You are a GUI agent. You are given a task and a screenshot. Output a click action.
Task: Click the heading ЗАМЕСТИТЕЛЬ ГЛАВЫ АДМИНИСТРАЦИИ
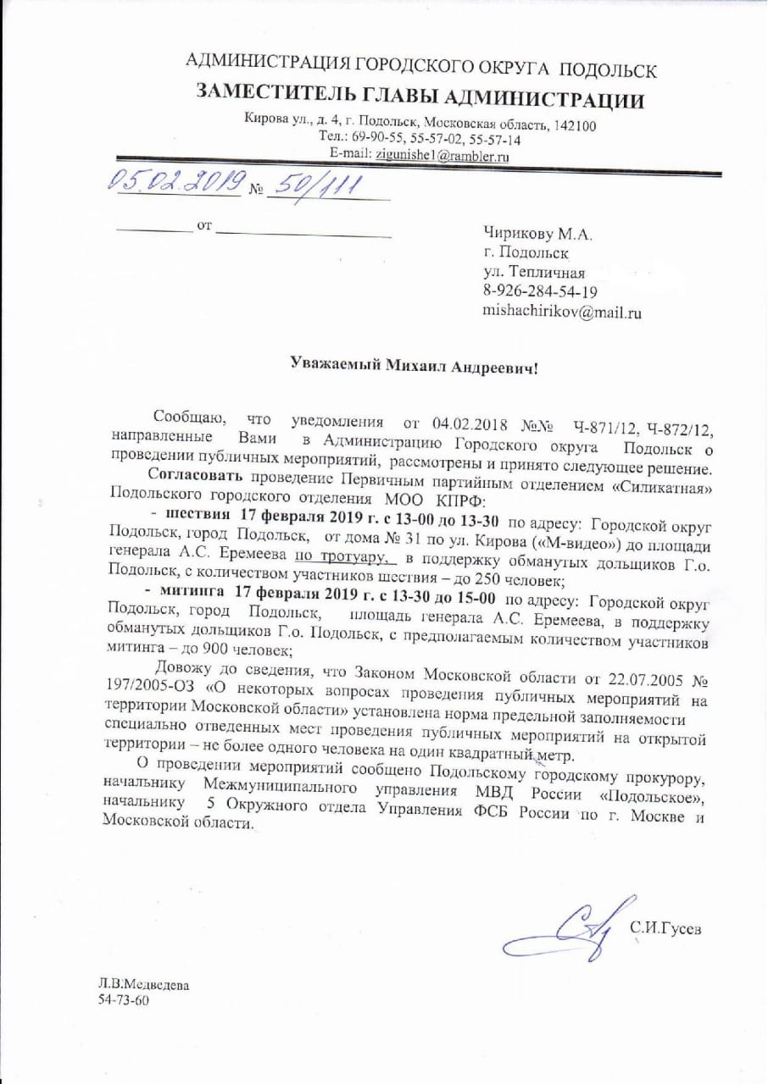(420, 97)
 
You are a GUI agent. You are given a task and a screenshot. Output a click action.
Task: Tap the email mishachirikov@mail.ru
(561, 312)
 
